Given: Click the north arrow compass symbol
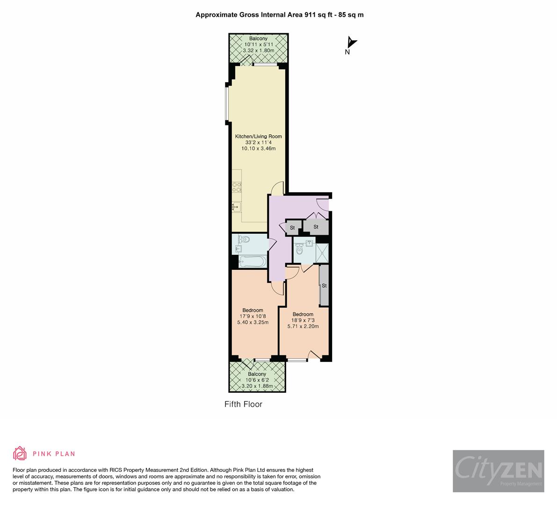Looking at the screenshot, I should [x=351, y=43].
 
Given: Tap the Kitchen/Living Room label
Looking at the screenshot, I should [x=258, y=137].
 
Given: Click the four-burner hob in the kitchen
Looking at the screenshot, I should [x=237, y=187].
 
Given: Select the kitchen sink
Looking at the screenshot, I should [x=237, y=205].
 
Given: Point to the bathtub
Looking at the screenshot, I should [x=252, y=261].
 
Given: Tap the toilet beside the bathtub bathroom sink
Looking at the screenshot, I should [x=246, y=239].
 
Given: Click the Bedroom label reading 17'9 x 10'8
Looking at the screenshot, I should [x=253, y=310].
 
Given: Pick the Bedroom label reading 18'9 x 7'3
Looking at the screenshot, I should [x=303, y=314].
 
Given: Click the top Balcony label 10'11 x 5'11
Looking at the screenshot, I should [x=258, y=38].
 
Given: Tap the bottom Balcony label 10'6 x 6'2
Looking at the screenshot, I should [x=257, y=374].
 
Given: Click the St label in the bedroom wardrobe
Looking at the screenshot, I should [x=324, y=285].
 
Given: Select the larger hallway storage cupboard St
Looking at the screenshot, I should [x=316, y=227].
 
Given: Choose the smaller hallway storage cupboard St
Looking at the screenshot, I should [x=292, y=228].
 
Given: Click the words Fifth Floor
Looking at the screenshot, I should [x=243, y=404].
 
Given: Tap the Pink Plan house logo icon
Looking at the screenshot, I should [x=20, y=453].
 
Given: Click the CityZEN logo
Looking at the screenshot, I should [x=498, y=471].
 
